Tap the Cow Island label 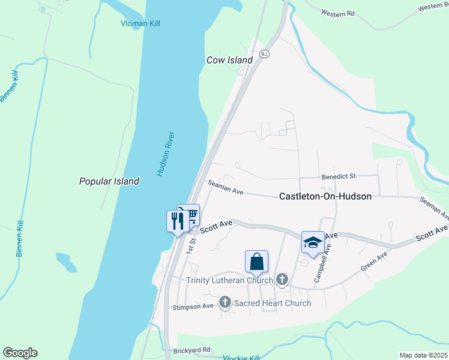(x=229, y=60)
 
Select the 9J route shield (x=264, y=54)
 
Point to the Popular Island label (x=109, y=181)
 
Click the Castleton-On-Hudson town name (x=325, y=196)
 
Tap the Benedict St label (x=339, y=176)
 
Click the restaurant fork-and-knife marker (x=177, y=220)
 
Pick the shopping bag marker (x=256, y=262)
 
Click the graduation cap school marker (x=313, y=242)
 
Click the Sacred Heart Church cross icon (x=225, y=302)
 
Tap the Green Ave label (x=374, y=264)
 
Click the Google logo (x=20, y=353)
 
